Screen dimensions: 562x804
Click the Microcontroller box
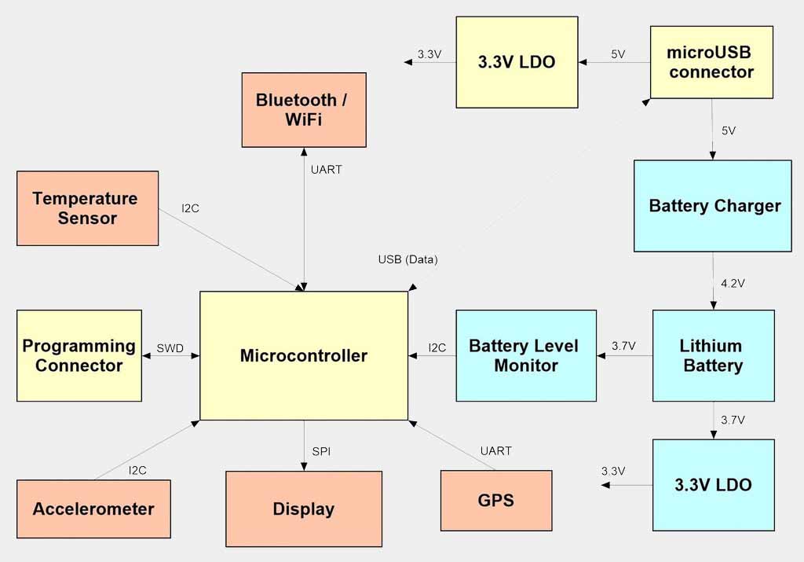(304, 355)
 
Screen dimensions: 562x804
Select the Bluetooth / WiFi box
(304, 110)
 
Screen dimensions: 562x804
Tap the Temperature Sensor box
(87, 208)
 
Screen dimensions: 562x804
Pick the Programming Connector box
(79, 355)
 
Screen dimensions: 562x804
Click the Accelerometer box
(93, 509)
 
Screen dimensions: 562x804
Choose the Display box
(304, 509)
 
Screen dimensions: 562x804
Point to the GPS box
(496, 500)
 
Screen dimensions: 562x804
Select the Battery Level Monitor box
(525, 355)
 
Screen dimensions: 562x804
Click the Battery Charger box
(713, 206)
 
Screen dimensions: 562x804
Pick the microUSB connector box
(711, 62)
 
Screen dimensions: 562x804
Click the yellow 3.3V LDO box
(517, 62)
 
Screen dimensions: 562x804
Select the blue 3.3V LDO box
(713, 484)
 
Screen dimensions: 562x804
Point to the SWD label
(170, 347)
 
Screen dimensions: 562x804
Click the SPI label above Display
(321, 450)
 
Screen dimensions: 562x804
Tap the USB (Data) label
(407, 259)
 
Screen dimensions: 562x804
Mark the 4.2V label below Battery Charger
(732, 282)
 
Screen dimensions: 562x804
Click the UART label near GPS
(495, 450)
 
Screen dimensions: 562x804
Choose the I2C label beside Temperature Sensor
(191, 208)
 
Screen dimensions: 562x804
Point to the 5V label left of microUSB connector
(618, 54)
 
